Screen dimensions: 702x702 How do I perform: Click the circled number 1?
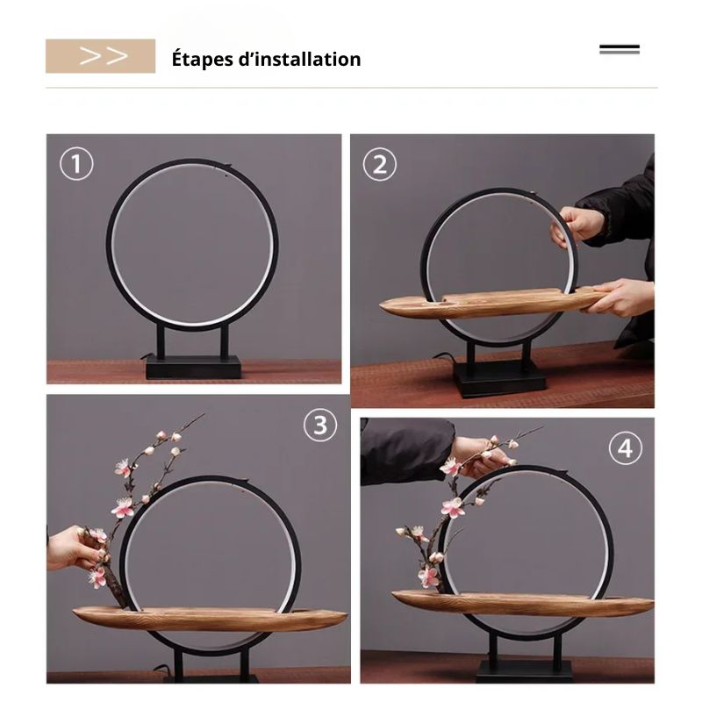click(76, 163)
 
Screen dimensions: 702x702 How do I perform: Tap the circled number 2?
click(380, 164)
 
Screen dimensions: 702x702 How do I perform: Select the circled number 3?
click(320, 425)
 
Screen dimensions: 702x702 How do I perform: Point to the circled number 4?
click(626, 448)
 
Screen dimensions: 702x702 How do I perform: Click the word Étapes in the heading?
click(199, 60)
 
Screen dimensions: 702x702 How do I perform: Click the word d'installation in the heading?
click(299, 59)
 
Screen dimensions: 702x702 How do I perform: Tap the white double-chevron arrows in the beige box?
click(104, 56)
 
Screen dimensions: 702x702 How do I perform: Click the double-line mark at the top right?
click(620, 49)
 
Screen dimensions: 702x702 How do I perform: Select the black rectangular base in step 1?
click(193, 367)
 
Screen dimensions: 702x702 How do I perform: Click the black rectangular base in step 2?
click(499, 379)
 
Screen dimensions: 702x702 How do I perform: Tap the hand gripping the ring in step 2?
click(577, 226)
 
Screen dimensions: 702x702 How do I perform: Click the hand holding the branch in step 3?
click(76, 549)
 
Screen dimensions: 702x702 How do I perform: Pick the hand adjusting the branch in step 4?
click(480, 456)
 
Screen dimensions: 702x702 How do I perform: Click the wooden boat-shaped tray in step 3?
click(210, 618)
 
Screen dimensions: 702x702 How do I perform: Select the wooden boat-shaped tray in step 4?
click(522, 603)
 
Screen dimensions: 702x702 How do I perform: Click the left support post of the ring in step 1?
click(161, 341)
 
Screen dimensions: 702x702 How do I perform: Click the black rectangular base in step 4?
click(523, 671)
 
